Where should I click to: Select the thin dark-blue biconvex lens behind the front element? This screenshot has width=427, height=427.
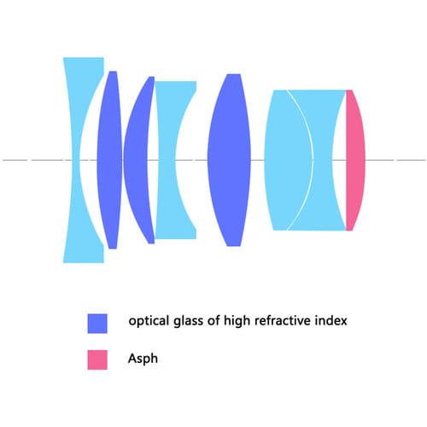pyautogui.click(x=109, y=160)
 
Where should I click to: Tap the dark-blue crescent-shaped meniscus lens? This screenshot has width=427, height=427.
pyautogui.click(x=137, y=160)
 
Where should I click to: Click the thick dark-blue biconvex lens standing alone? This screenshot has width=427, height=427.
pyautogui.click(x=229, y=160)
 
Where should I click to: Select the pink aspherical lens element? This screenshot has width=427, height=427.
pyautogui.click(x=355, y=160)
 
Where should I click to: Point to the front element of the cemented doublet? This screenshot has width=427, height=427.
pyautogui.click(x=288, y=160)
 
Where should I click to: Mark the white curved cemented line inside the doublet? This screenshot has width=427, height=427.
pyautogui.click(x=313, y=160)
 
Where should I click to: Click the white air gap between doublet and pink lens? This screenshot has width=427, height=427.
pyautogui.click(x=339, y=160)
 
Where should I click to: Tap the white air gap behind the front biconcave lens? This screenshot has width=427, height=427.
pyautogui.click(x=88, y=160)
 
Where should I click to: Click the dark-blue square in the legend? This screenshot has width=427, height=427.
pyautogui.click(x=97, y=324)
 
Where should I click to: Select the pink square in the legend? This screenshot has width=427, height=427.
pyautogui.click(x=97, y=360)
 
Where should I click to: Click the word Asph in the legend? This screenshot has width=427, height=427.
pyautogui.click(x=143, y=359)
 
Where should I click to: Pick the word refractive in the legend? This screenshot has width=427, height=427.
pyautogui.click(x=283, y=320)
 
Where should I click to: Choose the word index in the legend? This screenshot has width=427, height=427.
pyautogui.click(x=331, y=320)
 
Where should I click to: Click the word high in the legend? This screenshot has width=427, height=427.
pyautogui.click(x=237, y=321)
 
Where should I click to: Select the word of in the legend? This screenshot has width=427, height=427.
pyautogui.click(x=213, y=320)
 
